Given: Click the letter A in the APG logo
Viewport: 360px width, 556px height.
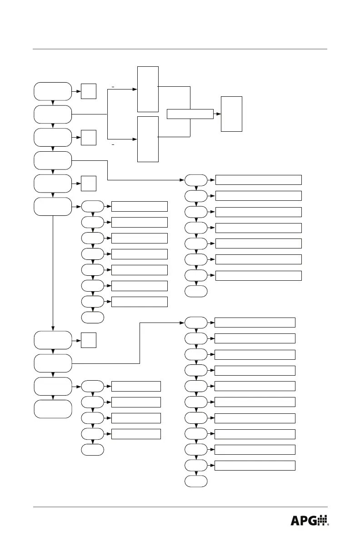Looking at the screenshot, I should [296, 521].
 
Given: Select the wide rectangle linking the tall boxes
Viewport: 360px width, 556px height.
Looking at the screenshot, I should [190, 114].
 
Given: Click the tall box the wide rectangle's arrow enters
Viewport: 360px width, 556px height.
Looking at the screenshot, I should [231, 114].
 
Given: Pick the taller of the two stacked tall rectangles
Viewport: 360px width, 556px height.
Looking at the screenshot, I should [148, 89].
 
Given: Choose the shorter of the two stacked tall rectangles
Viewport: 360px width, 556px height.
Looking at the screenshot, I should [148, 139].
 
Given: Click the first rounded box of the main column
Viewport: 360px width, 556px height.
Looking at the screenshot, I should [53, 91].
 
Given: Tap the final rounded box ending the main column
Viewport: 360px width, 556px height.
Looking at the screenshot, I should [53, 409].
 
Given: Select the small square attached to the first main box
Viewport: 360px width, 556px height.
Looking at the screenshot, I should [89, 91].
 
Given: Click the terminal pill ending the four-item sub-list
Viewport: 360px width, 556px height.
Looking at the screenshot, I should [93, 450].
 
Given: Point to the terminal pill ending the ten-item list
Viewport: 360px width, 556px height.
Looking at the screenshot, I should [196, 481].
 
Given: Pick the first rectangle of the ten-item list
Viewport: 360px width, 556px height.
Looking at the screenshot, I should [255, 323].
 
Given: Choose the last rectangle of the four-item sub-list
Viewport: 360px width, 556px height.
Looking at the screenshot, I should [136, 433].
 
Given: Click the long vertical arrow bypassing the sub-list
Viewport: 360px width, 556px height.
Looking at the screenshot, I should [53, 273].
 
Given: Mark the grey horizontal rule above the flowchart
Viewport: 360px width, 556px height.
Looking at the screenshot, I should [180, 49].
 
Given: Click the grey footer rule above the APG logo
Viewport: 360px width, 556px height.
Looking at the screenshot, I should [180, 507].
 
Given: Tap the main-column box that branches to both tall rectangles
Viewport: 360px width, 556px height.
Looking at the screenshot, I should [53, 114].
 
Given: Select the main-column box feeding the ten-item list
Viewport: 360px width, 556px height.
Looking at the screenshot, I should [53, 363].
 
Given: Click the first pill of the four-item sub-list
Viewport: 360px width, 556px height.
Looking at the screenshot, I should [93, 386].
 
